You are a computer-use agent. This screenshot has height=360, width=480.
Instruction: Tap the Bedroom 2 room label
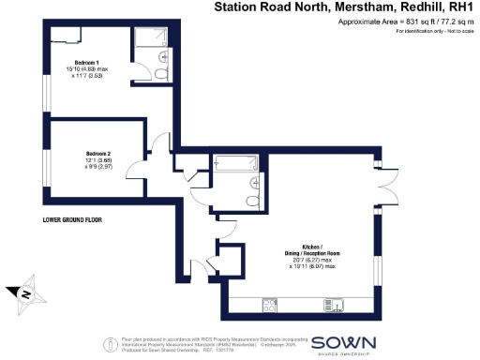coord(98,153)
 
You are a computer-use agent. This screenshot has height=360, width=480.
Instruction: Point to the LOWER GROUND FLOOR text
coord(72,220)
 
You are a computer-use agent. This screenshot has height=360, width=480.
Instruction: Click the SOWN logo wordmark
coord(344,342)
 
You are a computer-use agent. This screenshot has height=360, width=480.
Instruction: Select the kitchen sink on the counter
coord(333,303)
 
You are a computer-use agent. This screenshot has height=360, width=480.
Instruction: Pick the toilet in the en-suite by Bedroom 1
coord(162,74)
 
